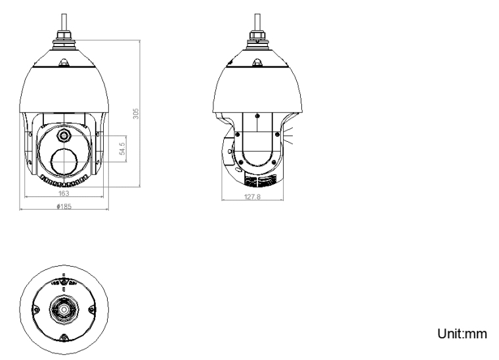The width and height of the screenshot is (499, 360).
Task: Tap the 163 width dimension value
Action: (64, 194)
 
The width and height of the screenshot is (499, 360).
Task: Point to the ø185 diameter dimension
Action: (64, 206)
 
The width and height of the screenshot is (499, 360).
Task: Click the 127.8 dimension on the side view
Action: (251, 197)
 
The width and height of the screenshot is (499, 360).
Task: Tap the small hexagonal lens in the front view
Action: (64, 135)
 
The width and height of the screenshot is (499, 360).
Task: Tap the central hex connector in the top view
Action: (64, 309)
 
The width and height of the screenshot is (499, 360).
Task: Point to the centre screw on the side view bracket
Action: (257, 116)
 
